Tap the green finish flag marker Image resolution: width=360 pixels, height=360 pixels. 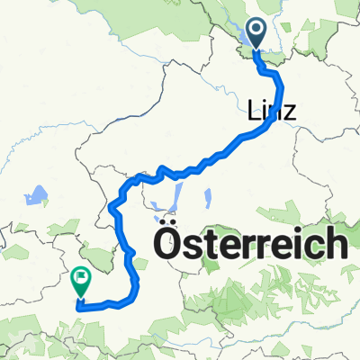[81, 283]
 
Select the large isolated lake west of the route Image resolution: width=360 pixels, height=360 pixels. [38, 195]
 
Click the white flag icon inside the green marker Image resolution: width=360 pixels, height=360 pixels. [81, 279]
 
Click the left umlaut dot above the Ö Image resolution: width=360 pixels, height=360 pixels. [165, 220]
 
